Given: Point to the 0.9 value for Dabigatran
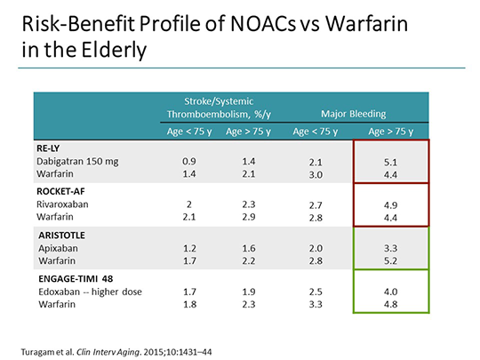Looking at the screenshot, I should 188,163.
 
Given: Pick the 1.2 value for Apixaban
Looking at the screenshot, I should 188,248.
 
